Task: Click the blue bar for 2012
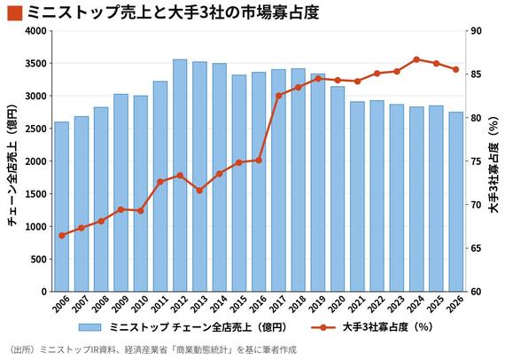180,176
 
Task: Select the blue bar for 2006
61,207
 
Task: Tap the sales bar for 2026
455,202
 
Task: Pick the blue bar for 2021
357,197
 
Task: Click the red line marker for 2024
416,59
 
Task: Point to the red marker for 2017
279,96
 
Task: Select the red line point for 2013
199,191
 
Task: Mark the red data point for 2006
62,235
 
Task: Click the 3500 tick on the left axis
36,64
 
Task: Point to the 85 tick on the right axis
476,74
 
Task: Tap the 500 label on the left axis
39,259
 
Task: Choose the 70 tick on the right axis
476,205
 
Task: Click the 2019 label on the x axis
317,304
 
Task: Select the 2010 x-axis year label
140,304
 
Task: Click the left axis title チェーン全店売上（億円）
12,165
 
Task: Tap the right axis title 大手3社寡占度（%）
493,165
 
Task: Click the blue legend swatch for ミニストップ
89,327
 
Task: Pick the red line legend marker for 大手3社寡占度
323,328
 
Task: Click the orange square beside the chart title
15,13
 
